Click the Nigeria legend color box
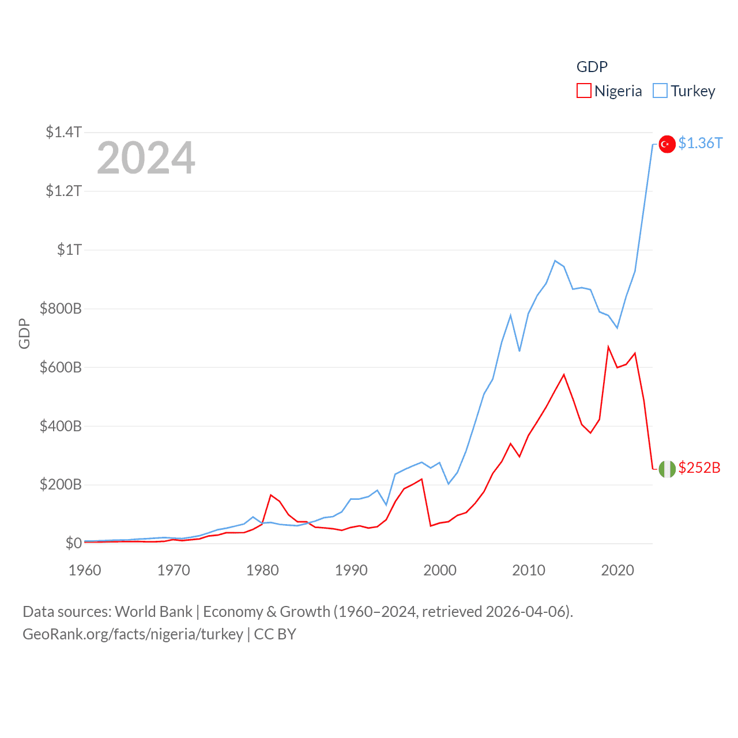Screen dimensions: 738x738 click(584, 91)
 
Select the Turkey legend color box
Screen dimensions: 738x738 click(660, 91)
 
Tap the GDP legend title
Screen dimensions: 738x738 click(592, 67)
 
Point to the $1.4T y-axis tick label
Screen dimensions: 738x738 click(63, 132)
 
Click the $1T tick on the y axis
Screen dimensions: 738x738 click(69, 250)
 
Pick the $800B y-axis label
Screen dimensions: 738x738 click(61, 308)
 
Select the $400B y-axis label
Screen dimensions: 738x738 click(61, 426)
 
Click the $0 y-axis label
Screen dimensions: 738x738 click(73, 543)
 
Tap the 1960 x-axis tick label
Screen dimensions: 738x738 click(85, 570)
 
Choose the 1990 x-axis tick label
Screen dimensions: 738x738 click(351, 570)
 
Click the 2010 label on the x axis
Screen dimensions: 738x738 click(529, 570)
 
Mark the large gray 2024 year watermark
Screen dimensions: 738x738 click(146, 158)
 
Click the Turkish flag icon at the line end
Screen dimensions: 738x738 click(667, 144)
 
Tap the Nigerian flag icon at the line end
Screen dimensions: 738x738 click(667, 469)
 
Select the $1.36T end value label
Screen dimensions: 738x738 click(700, 143)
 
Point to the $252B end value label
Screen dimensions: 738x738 click(699, 468)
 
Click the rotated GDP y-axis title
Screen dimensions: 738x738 click(24, 333)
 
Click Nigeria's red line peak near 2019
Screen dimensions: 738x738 click(608, 347)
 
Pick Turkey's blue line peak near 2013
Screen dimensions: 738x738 click(555, 261)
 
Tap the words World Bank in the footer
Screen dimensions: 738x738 click(153, 611)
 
